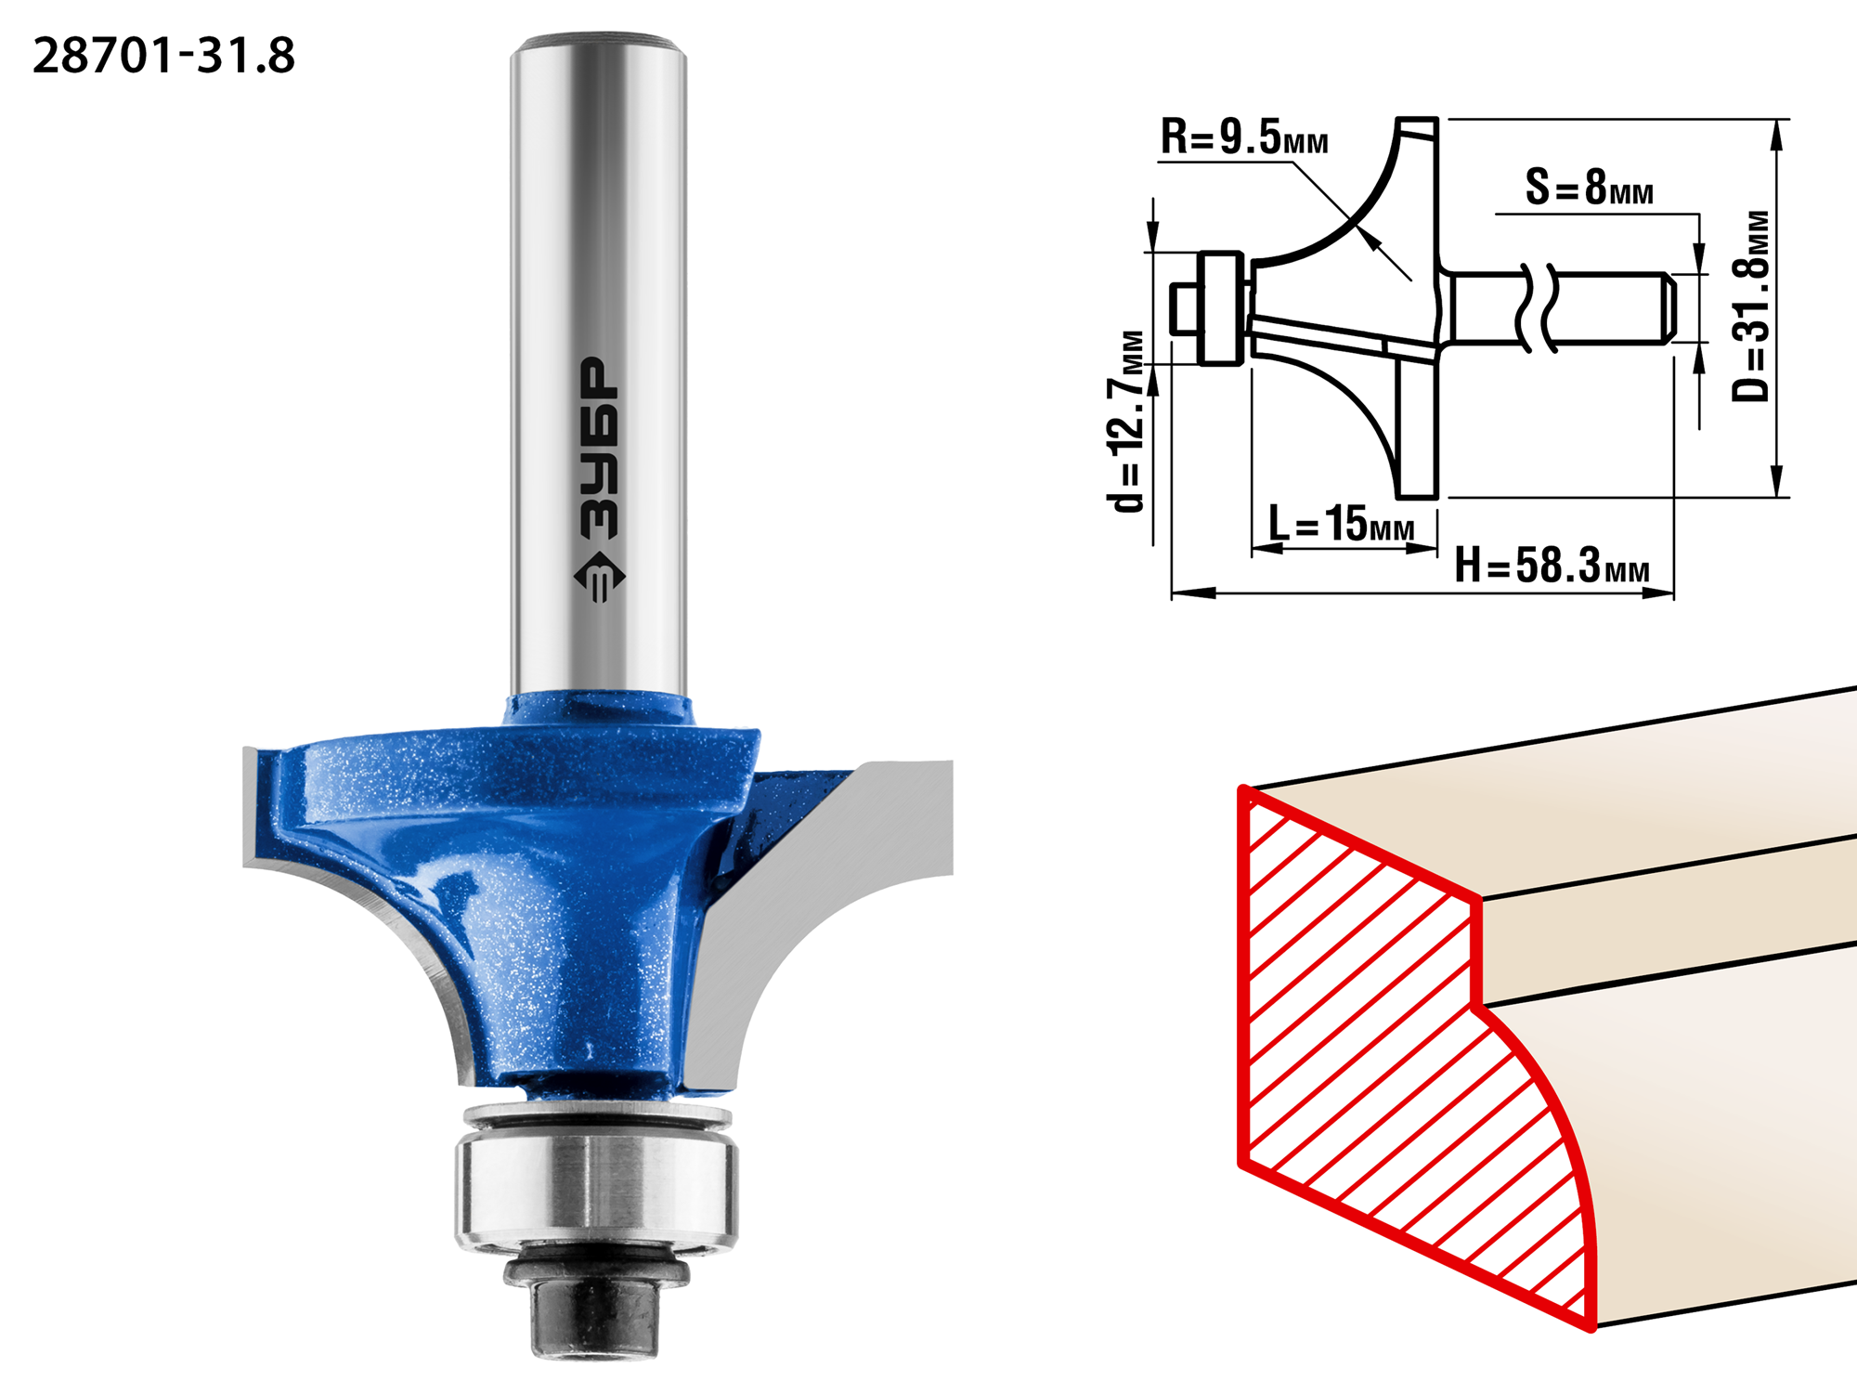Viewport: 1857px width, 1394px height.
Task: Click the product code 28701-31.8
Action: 164,56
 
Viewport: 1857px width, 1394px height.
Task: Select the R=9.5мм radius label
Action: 1244,137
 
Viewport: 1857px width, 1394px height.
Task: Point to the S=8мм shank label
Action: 1590,187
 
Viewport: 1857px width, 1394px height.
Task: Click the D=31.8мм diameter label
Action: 1751,306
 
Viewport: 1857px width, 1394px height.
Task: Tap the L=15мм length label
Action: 1342,523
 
